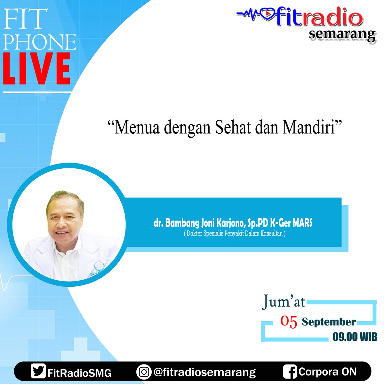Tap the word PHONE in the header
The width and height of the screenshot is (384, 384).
[x=40, y=42]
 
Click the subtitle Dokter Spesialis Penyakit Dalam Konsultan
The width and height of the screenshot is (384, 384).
[x=235, y=234]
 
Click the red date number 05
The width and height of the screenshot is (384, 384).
[x=289, y=322]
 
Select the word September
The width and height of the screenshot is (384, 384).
[x=329, y=322]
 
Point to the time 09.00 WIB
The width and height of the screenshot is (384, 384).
[x=355, y=337]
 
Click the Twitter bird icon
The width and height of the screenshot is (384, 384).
[x=38, y=372]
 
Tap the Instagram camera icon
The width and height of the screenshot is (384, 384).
[x=144, y=372]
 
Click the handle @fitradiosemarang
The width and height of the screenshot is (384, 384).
[x=204, y=372]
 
